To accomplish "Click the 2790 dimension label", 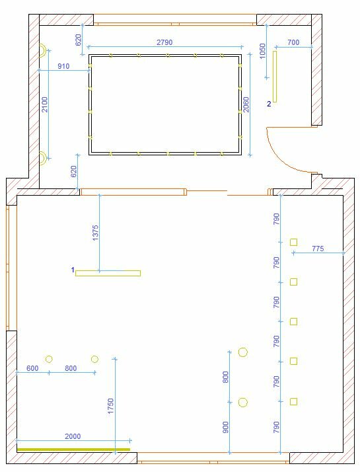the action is [x=164, y=42].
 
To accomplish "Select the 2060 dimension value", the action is [x=246, y=104].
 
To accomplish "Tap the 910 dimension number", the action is [x=63, y=66].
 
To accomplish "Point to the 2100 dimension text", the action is [x=44, y=104].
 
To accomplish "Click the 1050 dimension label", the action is [x=262, y=51].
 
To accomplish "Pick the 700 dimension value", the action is [x=293, y=42].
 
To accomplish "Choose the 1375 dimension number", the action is [x=95, y=233].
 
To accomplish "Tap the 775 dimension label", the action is [x=318, y=249].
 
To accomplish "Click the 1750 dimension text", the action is [x=111, y=406].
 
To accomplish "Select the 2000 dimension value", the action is [x=73, y=436].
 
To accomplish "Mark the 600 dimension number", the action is [x=32, y=368].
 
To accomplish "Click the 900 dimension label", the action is [x=225, y=427].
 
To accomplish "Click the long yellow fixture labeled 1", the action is [x=108, y=273].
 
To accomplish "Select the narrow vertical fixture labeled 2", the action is [x=275, y=77].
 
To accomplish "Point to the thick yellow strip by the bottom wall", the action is [x=74, y=450].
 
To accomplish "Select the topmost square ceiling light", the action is [x=293, y=242].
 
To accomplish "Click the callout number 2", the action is [x=269, y=104].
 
